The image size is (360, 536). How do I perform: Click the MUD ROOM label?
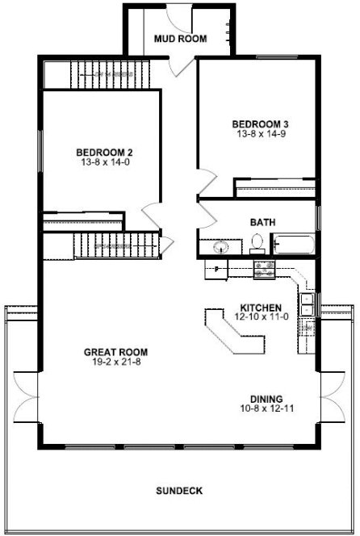[181, 38]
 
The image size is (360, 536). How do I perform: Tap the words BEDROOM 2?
[104, 153]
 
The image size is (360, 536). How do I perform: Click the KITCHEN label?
[261, 308]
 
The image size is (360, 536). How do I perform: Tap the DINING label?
[266, 399]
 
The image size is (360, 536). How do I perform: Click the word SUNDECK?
[178, 490]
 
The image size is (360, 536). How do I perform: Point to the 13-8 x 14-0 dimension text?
[104, 163]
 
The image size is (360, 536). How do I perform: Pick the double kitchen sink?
[308, 304]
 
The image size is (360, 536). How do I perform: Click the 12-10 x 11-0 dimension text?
[261, 318]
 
